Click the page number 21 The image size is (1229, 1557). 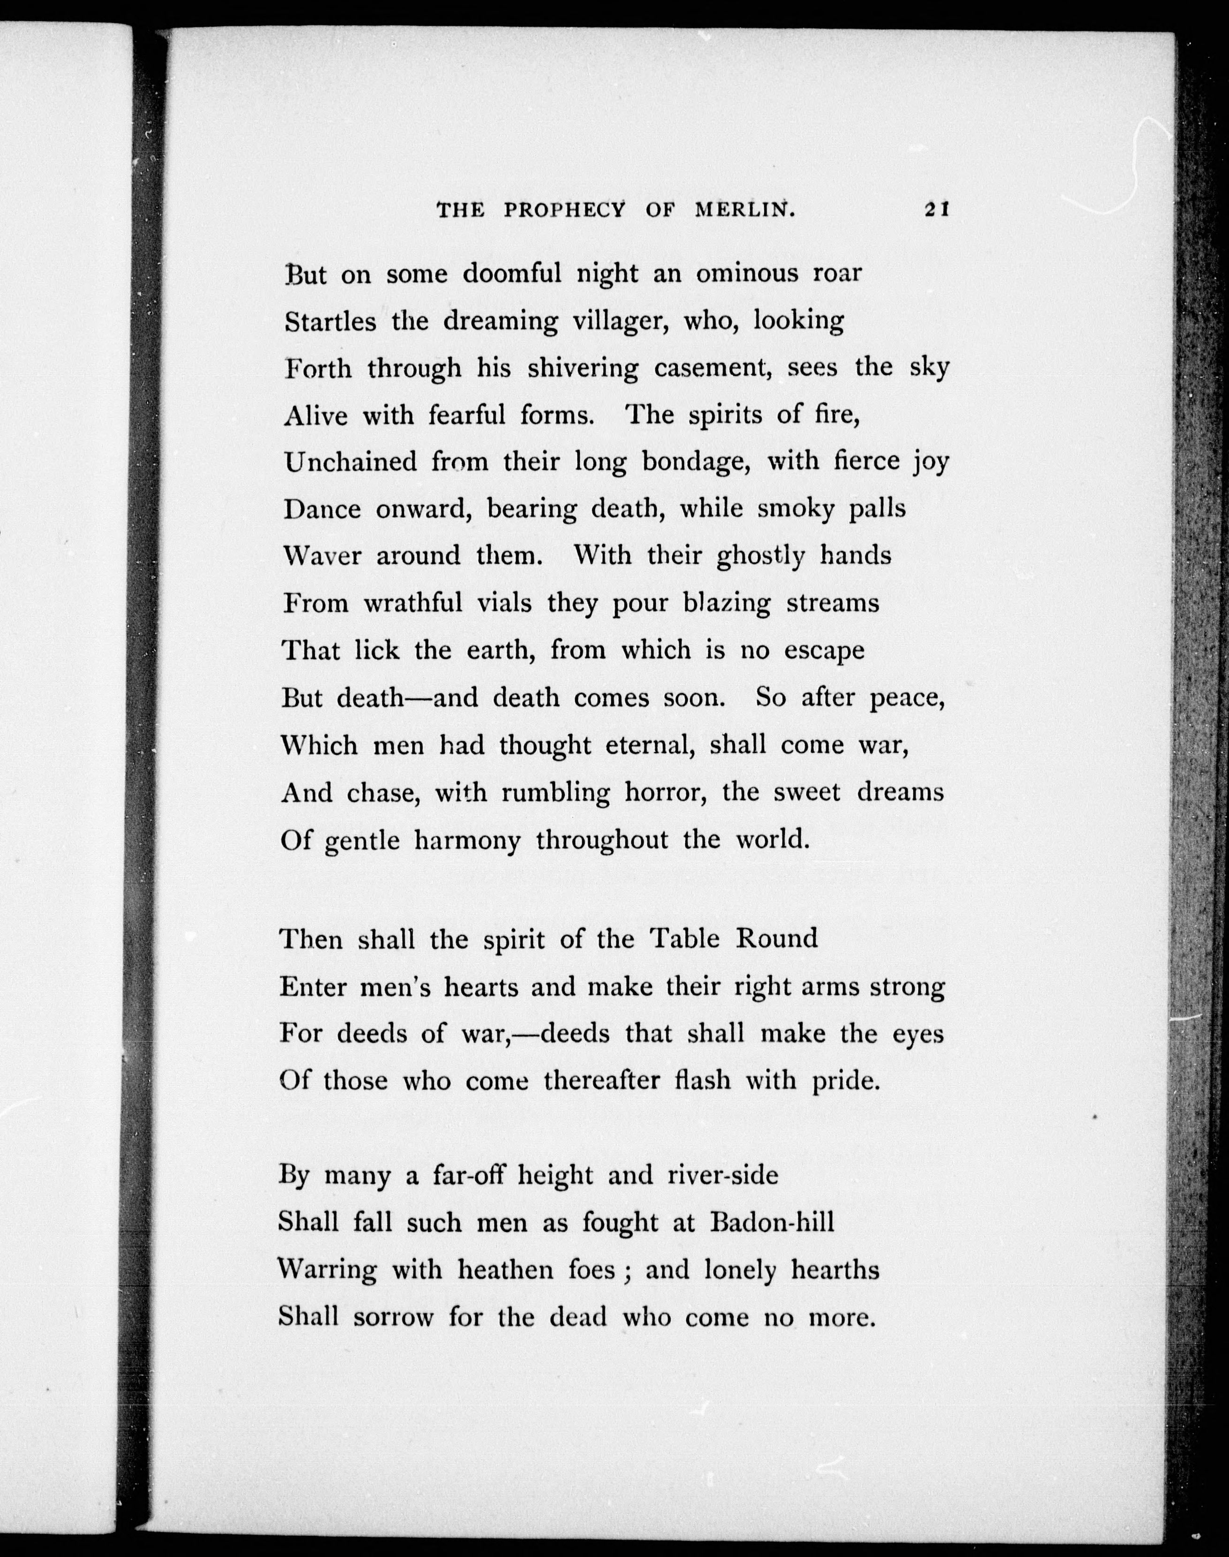937,209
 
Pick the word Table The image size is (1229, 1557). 685,938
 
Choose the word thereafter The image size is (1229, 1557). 601,1080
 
